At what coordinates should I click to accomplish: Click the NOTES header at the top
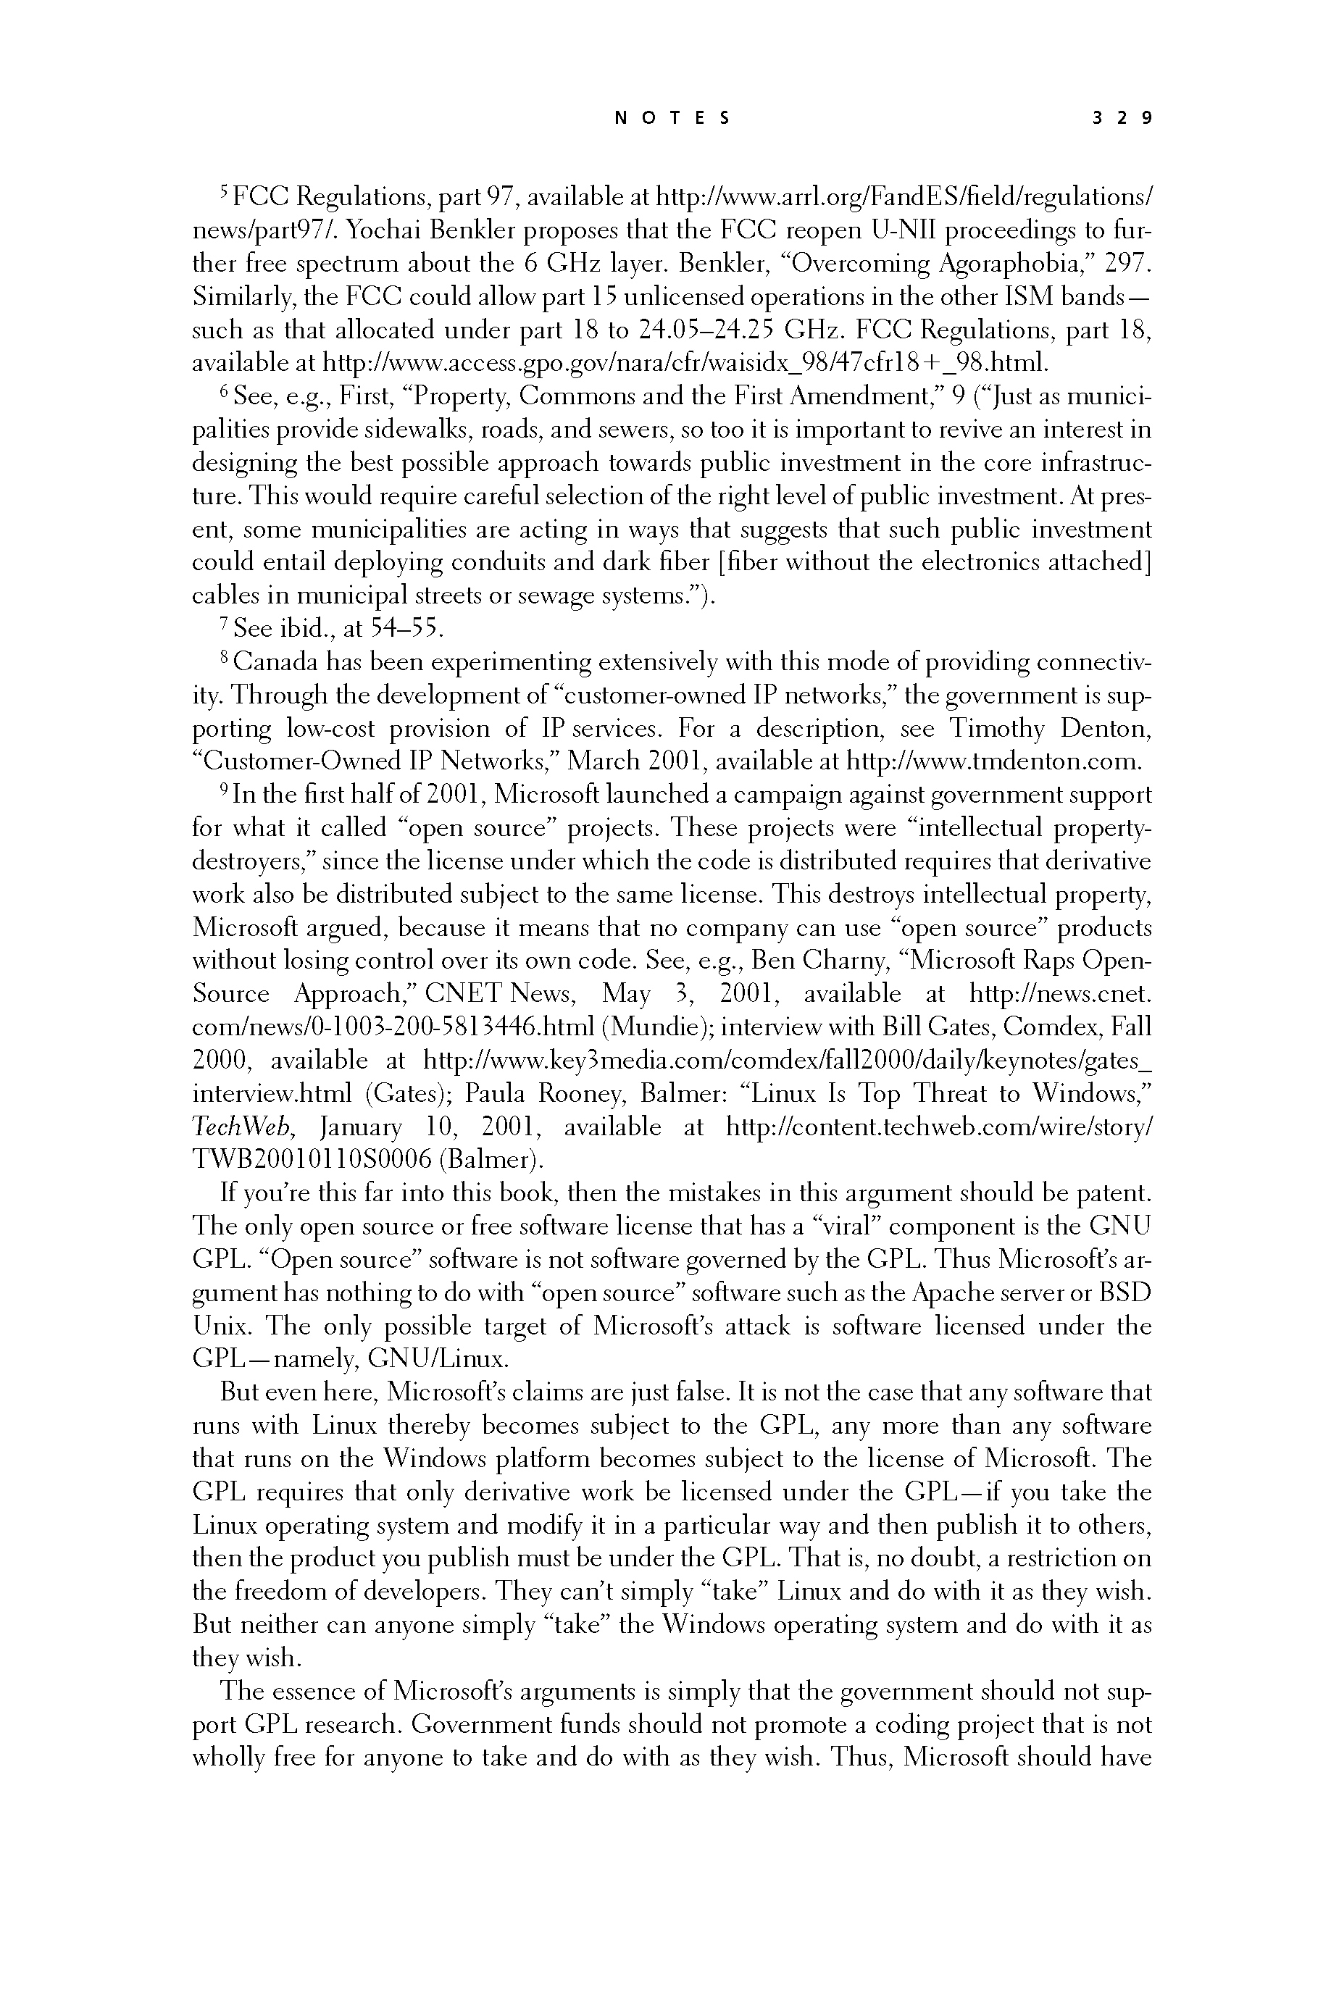(672, 119)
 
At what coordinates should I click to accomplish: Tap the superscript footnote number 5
(224, 193)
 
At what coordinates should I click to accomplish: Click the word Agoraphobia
(1008, 264)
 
